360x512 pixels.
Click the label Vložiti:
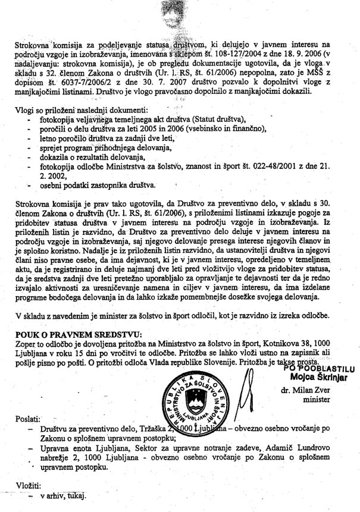(x=29, y=485)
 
